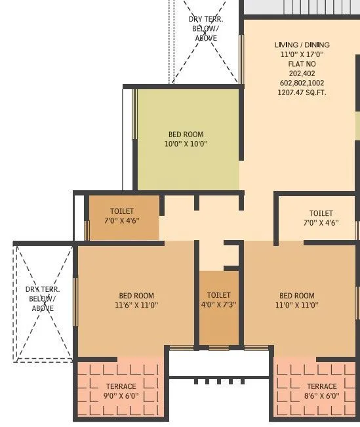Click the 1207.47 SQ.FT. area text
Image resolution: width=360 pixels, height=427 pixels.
pyautogui.click(x=302, y=92)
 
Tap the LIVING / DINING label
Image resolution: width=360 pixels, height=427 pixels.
pyautogui.click(x=302, y=45)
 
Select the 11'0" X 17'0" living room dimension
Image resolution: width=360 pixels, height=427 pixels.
pyautogui.click(x=302, y=54)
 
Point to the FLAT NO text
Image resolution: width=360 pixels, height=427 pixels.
pyautogui.click(x=302, y=64)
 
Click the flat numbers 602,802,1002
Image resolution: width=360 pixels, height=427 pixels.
pyautogui.click(x=302, y=83)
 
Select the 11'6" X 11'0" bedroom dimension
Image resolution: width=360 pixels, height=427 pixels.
pyautogui.click(x=136, y=305)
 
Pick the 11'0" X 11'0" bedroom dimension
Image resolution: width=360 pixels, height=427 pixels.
pyautogui.click(x=296, y=305)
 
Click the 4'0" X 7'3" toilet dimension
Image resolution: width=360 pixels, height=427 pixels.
pyautogui.click(x=218, y=305)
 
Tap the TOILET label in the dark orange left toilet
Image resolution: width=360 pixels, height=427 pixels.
pyautogui.click(x=122, y=211)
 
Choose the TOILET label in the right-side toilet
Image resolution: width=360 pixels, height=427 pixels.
pyautogui.click(x=321, y=213)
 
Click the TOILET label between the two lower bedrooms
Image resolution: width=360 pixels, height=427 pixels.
pyautogui.click(x=218, y=295)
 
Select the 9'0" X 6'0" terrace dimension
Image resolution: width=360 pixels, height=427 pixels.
pyautogui.click(x=121, y=396)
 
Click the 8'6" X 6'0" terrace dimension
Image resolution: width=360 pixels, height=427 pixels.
pyautogui.click(x=321, y=396)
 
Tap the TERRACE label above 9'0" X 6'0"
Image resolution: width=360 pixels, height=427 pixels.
pyautogui.click(x=121, y=386)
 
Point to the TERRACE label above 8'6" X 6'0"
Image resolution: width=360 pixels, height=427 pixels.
pyautogui.click(x=321, y=386)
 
